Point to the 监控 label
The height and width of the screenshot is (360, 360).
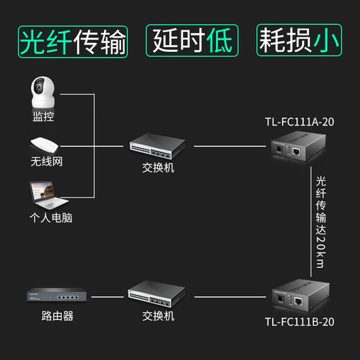point(43,117)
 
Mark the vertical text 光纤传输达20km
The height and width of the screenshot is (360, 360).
point(320,220)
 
